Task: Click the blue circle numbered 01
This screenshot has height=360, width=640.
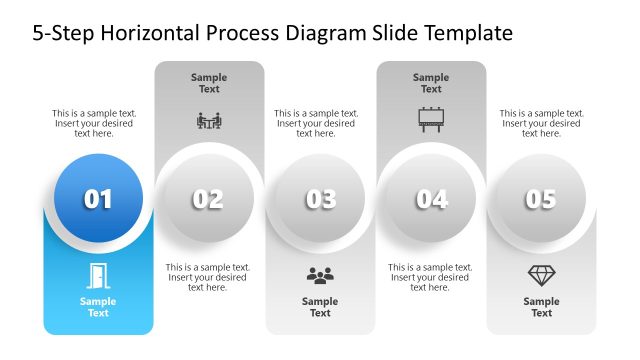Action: (98, 199)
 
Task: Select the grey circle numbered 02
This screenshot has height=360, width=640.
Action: (208, 199)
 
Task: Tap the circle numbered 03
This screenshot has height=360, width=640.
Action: (320, 199)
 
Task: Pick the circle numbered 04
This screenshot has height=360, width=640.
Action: (431, 199)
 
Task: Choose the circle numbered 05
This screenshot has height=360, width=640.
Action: (541, 199)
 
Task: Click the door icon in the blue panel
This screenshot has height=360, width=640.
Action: (98, 275)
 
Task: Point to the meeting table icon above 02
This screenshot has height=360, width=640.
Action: (209, 121)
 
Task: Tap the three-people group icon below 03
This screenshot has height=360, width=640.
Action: (320, 275)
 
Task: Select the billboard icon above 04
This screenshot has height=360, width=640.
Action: (431, 120)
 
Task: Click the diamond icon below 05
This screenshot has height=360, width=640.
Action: (541, 275)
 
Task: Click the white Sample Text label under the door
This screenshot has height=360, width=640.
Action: (98, 307)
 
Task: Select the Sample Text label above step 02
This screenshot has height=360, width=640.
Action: (209, 83)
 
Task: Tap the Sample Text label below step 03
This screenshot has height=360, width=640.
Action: (320, 307)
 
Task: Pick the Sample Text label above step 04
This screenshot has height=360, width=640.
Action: (431, 83)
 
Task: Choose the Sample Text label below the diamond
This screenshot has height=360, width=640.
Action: (541, 307)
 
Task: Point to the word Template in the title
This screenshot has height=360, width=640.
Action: (464, 33)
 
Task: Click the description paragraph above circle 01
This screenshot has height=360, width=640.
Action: (95, 123)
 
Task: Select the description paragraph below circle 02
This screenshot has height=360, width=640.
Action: (208, 277)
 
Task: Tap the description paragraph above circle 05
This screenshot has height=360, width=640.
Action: (541, 123)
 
